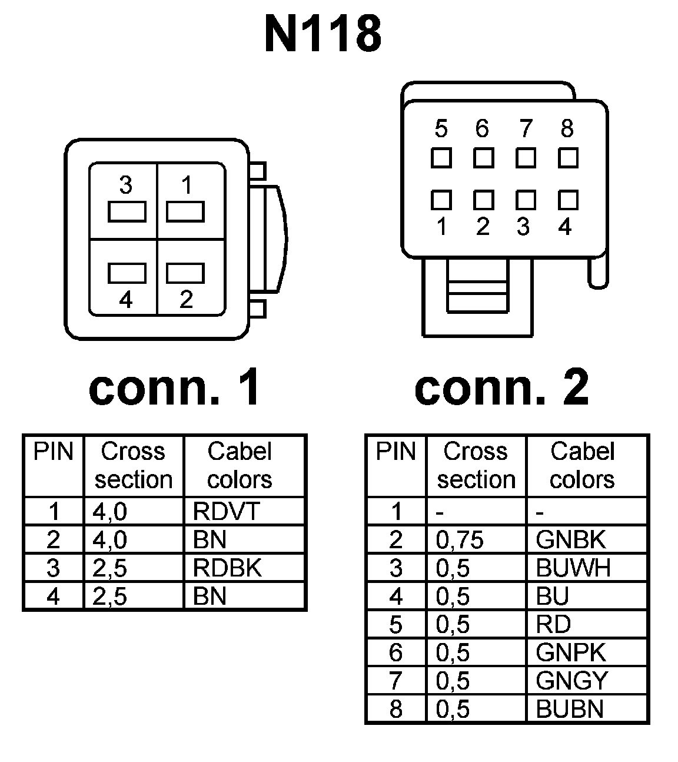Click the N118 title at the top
pyautogui.click(x=323, y=34)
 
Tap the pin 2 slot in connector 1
pyautogui.click(x=185, y=273)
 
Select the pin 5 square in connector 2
pyautogui.click(x=441, y=158)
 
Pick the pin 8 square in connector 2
pyautogui.click(x=567, y=158)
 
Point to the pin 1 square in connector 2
pyautogui.click(x=441, y=200)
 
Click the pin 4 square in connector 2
pyautogui.click(x=567, y=200)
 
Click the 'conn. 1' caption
pyautogui.click(x=174, y=388)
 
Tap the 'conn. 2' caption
pyautogui.click(x=501, y=388)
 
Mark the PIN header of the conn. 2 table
pyautogui.click(x=396, y=452)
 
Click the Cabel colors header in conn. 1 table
pyautogui.click(x=240, y=465)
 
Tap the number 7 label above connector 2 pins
pyautogui.click(x=526, y=128)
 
